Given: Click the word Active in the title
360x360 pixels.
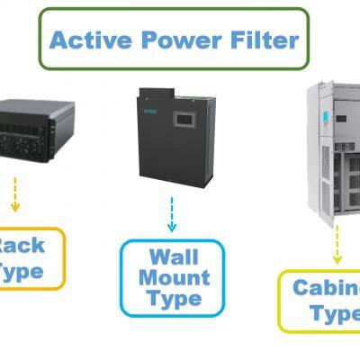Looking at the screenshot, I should [x=90, y=39].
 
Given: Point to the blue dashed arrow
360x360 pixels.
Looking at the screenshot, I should [x=171, y=214].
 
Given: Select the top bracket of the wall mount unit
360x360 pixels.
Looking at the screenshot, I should [x=167, y=93].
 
